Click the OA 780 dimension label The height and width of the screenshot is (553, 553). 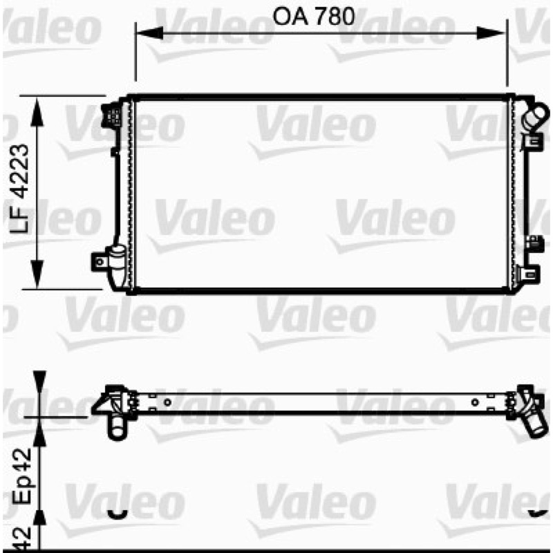pos(314,17)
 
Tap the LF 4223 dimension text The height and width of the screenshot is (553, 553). pos(19,188)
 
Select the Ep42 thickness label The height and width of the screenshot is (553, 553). pos(22,476)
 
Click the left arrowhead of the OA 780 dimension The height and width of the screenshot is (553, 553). pos(149,32)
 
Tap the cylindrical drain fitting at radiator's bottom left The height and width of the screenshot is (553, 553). pos(118,266)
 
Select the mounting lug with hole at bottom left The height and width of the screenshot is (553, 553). pos(100,262)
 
